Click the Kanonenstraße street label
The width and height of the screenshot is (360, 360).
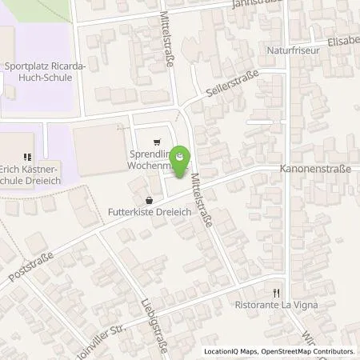point(319,170)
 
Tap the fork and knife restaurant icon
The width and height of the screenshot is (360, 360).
point(276,292)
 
